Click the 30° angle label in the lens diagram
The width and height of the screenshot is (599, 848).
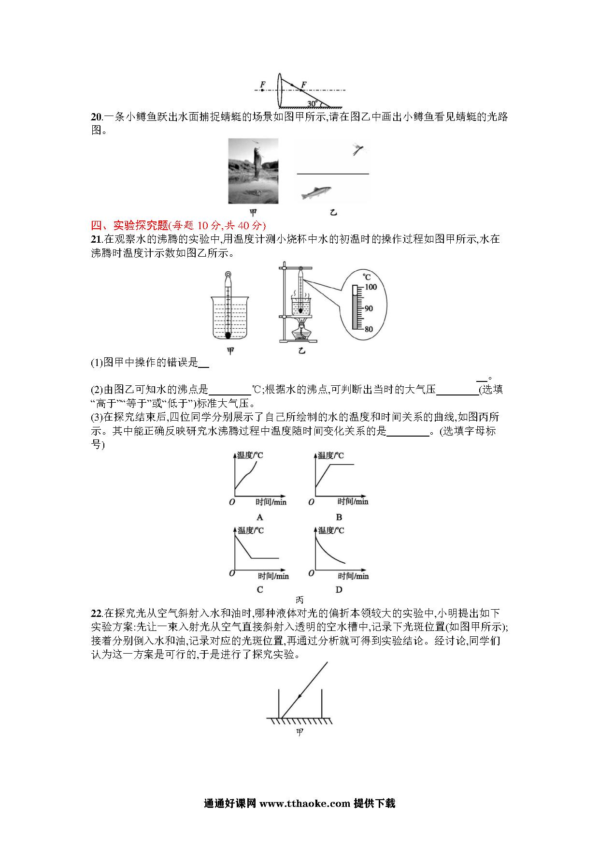312,103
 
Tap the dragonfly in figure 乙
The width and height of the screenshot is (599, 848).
358,148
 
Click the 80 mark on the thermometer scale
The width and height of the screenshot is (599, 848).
368,329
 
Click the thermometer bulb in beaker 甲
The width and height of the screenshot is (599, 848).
228,335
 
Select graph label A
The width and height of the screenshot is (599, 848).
260,517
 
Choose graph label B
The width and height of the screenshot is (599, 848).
339,517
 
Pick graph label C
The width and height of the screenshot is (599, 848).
260,589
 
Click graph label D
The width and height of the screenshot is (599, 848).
339,589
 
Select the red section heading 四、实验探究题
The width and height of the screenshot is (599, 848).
129,225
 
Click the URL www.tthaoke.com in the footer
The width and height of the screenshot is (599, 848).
304,804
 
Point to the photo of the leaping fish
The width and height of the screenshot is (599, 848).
253,171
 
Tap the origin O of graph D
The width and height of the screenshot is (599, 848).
311,573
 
